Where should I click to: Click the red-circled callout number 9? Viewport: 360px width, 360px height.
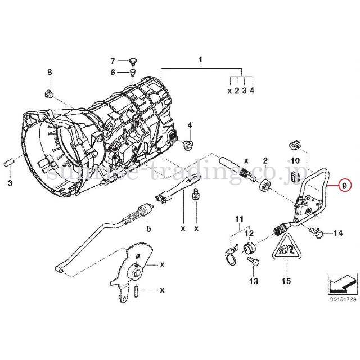[345, 184]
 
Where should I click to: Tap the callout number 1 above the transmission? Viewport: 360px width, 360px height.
[200, 60]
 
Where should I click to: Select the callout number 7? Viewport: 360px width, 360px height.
[112, 61]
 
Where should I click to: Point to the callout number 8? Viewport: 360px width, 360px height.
[49, 72]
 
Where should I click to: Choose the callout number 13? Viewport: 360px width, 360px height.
[253, 281]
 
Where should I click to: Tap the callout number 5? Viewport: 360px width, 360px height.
[148, 229]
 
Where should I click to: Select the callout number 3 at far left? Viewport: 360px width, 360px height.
[10, 184]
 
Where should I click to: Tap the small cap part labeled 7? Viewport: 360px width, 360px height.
[133, 59]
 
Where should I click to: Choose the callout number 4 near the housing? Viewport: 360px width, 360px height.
[190, 125]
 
